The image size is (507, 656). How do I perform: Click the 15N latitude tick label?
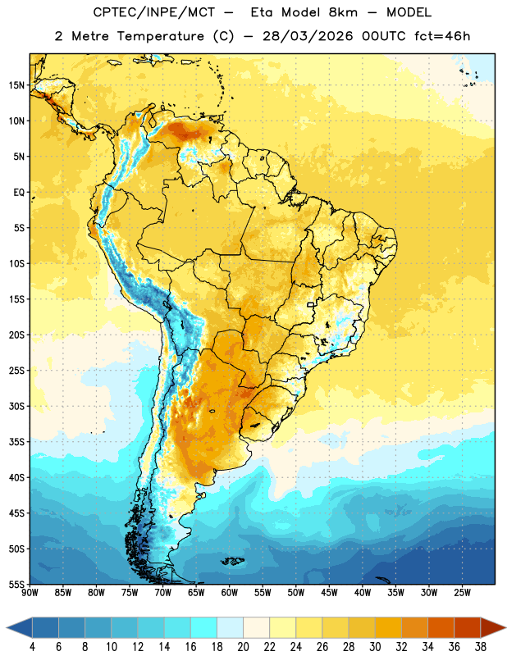pyautogui.click(x=16, y=85)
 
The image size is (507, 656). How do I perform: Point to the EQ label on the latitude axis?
pyautogui.click(x=19, y=193)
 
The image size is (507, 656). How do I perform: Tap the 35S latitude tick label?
pyautogui.click(x=16, y=442)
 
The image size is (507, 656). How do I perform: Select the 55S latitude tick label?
pyautogui.click(x=16, y=584)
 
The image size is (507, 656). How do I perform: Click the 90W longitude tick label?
pyautogui.click(x=30, y=593)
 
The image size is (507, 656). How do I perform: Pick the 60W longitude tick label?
pyautogui.click(x=230, y=593)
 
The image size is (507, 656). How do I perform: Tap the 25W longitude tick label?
pyautogui.click(x=462, y=593)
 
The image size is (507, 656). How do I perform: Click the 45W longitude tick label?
pyautogui.click(x=329, y=593)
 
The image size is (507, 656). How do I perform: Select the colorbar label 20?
pyautogui.click(x=243, y=647)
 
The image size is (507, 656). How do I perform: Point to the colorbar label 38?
pyautogui.click(x=480, y=647)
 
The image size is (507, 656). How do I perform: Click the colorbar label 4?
pyautogui.click(x=32, y=647)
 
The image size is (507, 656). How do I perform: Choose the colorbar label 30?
pyautogui.click(x=375, y=647)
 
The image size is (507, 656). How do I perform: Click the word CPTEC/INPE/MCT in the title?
pyautogui.click(x=154, y=12)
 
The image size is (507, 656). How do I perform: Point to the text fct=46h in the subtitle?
pyautogui.click(x=442, y=36)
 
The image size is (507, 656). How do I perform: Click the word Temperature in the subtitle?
pyautogui.click(x=160, y=37)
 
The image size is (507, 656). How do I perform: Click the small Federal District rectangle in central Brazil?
pyautogui.click(x=310, y=304)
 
